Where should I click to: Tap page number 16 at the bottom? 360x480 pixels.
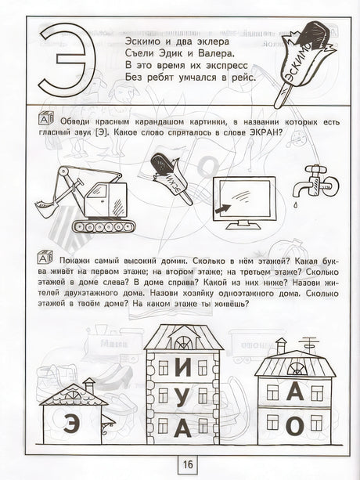pyautogui.click(x=188, y=464)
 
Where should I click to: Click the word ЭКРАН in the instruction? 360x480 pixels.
pyautogui.click(x=263, y=133)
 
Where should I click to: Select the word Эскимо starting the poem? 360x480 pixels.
pyautogui.click(x=140, y=42)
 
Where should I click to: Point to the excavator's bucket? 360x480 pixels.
pyautogui.click(x=45, y=208)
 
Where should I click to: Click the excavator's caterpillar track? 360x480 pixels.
pyautogui.click(x=103, y=226)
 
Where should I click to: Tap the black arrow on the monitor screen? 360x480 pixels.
pyautogui.click(x=222, y=210)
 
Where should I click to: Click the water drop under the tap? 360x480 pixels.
pyautogui.click(x=296, y=204)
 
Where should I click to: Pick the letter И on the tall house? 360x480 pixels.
pyautogui.click(x=182, y=367)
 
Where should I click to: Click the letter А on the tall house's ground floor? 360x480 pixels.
pyautogui.click(x=182, y=428)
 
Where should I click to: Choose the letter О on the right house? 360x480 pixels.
pyautogui.click(x=295, y=425)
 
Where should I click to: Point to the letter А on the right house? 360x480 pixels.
pyautogui.click(x=295, y=392)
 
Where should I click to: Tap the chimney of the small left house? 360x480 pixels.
pyautogui.click(x=89, y=385)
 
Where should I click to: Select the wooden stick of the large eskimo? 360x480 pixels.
pyautogui.click(x=282, y=96)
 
